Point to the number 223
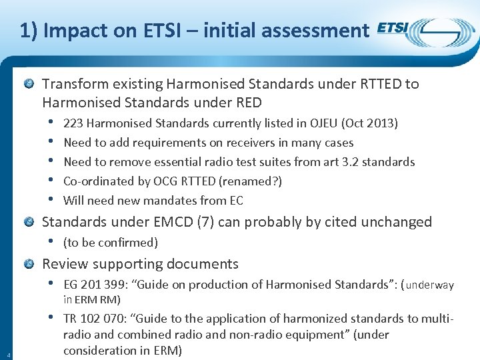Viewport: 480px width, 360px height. coord(73,123)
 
